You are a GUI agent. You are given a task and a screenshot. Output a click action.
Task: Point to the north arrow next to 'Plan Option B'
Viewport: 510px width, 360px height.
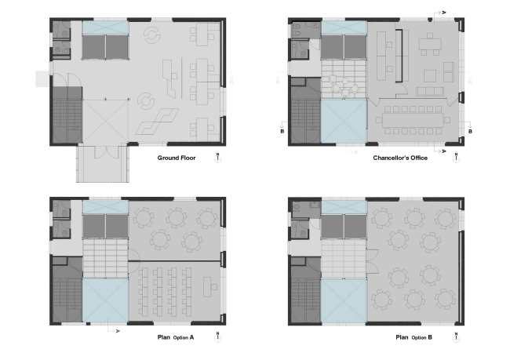tap(456, 338)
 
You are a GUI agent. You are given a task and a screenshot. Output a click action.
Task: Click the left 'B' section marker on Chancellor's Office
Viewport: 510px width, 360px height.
tap(282, 131)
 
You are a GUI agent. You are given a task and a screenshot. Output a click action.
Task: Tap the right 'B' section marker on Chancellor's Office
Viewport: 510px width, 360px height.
tap(469, 132)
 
